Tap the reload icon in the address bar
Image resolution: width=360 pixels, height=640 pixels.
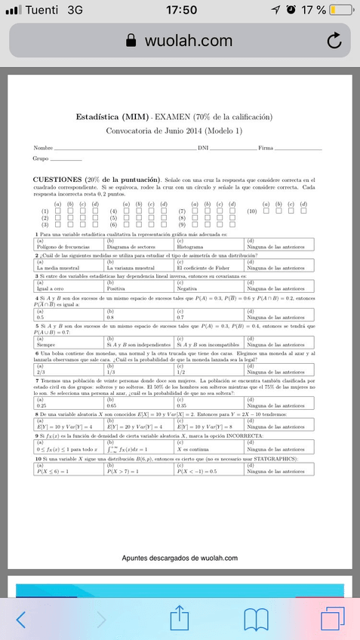(334, 41)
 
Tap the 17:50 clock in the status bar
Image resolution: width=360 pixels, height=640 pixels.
(180, 10)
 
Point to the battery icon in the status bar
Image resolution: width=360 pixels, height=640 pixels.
(341, 10)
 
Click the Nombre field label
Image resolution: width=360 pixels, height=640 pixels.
(43, 147)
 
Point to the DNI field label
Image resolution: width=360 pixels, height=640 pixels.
(202, 147)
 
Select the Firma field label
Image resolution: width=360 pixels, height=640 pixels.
(266, 147)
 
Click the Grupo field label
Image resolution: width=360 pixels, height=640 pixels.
(41, 158)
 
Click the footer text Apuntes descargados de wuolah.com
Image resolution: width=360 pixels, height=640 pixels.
(180, 558)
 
